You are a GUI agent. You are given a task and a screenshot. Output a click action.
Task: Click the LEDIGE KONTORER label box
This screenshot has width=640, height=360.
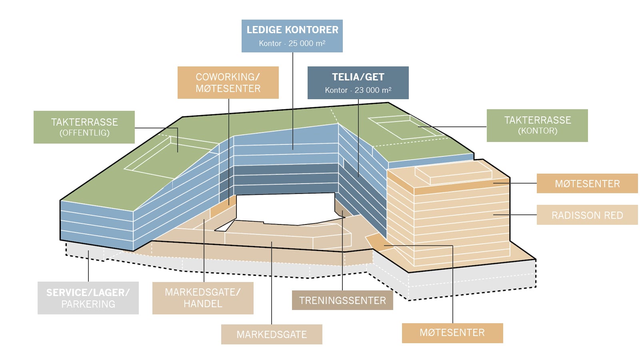pyautogui.click(x=292, y=36)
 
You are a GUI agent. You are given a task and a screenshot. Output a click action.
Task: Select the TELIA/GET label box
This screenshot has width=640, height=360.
pyautogui.click(x=358, y=83)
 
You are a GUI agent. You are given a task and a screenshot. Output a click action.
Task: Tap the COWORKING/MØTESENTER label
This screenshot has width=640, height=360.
pyautogui.click(x=228, y=82)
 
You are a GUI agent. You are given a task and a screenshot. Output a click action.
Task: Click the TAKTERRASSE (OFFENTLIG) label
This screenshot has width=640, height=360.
pyautogui.click(x=84, y=127)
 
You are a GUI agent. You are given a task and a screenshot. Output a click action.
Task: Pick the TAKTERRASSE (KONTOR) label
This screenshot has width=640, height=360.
pyautogui.click(x=538, y=126)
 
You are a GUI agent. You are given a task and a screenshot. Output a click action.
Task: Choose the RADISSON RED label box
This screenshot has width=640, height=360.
pyautogui.click(x=587, y=215)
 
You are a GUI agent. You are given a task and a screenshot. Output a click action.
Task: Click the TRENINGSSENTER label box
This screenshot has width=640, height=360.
pyautogui.click(x=342, y=300)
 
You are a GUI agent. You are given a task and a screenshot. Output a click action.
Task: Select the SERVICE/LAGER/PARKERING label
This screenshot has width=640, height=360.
pyautogui.click(x=88, y=298)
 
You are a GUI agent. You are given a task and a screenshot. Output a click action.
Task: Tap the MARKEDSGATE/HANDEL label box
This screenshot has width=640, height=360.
pyautogui.click(x=203, y=298)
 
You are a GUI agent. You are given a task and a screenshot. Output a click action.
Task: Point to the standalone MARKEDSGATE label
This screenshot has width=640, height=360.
pyautogui.click(x=272, y=334)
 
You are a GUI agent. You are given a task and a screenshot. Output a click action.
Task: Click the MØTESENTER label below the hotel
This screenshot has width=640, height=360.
pyautogui.click(x=452, y=333)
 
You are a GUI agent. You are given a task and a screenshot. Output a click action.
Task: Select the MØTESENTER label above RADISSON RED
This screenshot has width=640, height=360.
pyautogui.click(x=587, y=184)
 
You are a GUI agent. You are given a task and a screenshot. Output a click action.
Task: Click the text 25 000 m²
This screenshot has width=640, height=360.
pyautogui.click(x=307, y=44)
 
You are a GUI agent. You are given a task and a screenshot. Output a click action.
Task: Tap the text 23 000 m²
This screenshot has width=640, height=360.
pyautogui.click(x=373, y=90)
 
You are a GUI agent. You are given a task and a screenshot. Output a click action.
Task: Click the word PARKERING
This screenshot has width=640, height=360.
pyautogui.click(x=88, y=304)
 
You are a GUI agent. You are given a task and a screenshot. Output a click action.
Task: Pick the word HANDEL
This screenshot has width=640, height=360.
pyautogui.click(x=203, y=304)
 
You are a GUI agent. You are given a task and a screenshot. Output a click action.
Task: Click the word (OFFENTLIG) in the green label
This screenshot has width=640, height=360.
pyautogui.click(x=84, y=133)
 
